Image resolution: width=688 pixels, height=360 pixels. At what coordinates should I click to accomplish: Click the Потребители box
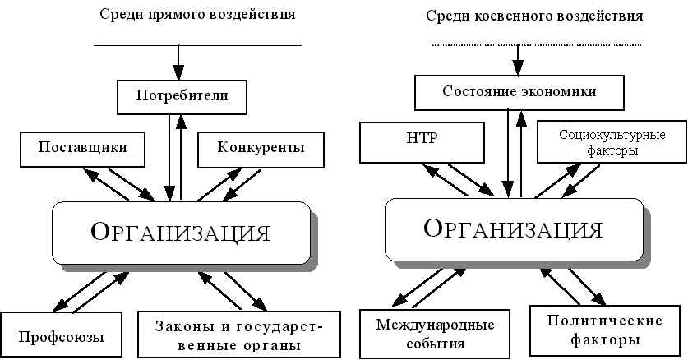[182, 97]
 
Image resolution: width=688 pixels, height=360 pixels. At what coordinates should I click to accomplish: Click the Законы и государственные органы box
[239, 335]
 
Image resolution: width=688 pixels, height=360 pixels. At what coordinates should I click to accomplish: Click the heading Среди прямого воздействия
[196, 15]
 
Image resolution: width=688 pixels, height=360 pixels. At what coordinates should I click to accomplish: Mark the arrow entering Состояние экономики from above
[518, 60]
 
